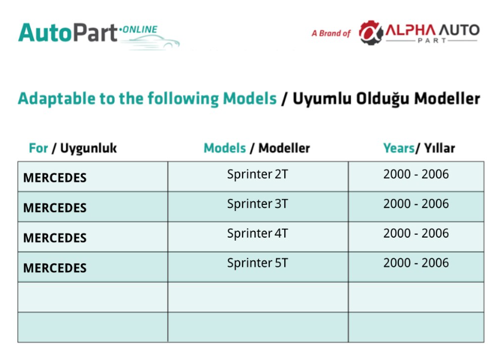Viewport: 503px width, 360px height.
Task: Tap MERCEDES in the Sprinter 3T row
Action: [x=55, y=208]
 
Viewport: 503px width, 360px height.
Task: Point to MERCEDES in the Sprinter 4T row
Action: [x=55, y=238]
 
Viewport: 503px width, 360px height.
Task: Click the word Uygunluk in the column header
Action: [x=89, y=149]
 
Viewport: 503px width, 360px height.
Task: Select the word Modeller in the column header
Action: [x=284, y=148]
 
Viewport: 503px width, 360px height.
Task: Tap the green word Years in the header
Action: [x=399, y=148]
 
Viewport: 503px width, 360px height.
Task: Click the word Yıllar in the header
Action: [x=439, y=148]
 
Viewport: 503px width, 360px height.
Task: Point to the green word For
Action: [x=38, y=148]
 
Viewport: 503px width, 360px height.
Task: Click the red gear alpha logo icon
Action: [x=371, y=33]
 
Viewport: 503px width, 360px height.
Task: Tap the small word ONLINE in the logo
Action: [x=140, y=30]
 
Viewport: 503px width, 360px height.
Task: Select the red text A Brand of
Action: [x=331, y=33]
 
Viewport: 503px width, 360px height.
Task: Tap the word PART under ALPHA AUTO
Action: [x=432, y=40]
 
